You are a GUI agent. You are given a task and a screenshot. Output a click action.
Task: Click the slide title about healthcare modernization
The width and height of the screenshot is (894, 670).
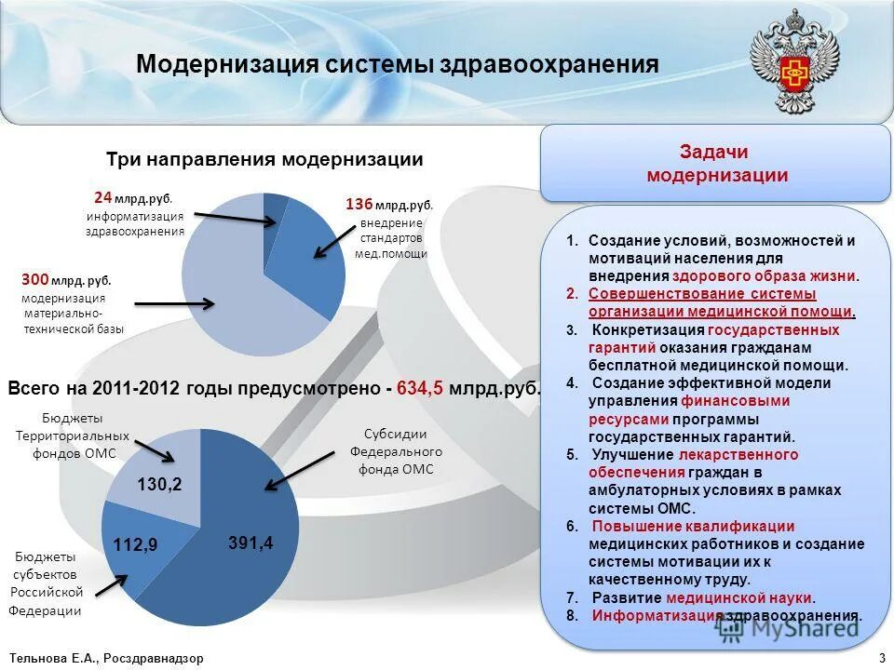398,65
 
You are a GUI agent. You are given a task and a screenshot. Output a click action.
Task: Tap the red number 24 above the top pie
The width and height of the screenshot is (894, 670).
102,197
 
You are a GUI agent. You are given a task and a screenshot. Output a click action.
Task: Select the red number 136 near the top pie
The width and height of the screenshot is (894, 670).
359,204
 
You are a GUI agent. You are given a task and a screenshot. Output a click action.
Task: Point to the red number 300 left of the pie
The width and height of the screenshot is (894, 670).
34,278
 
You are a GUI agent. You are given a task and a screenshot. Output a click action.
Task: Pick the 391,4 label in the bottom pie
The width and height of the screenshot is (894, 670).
251,543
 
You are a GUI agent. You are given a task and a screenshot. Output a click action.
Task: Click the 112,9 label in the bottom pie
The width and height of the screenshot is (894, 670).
136,544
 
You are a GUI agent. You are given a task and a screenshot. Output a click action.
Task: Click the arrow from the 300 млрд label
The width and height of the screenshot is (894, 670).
176,302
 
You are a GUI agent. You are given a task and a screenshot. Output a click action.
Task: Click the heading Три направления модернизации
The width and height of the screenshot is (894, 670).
264,160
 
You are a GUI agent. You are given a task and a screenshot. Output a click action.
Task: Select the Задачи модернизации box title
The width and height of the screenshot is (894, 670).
716,164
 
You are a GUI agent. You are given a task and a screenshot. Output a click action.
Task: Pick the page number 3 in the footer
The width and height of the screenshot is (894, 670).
881,658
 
